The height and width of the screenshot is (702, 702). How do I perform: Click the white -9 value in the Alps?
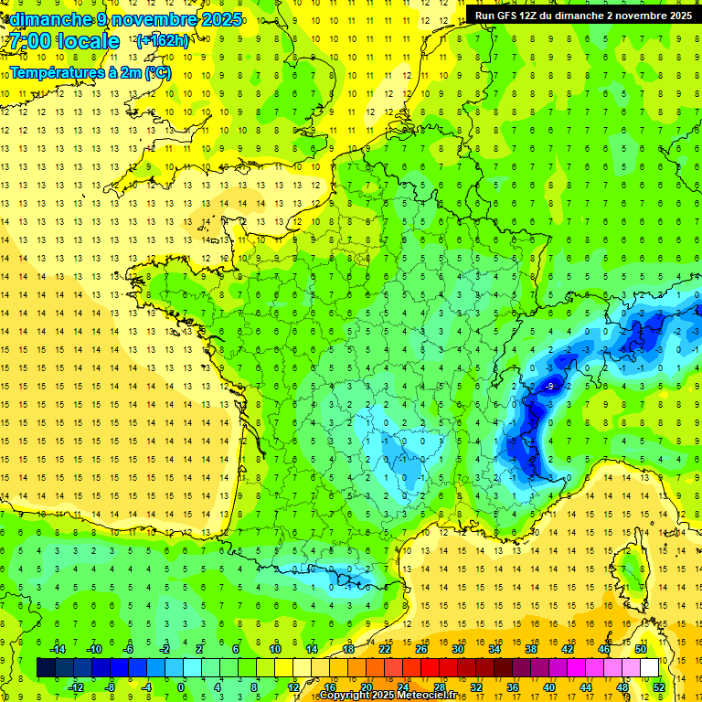(549, 387)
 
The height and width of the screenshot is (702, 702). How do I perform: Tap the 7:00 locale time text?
(62, 41)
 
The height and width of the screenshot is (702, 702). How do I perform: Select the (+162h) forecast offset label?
(162, 41)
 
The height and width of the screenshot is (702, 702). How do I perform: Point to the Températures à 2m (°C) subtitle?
(90, 72)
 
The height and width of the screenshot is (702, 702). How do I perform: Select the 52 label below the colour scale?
(659, 687)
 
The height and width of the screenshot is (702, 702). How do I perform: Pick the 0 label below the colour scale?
(181, 687)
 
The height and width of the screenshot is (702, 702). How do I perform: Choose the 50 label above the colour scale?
(641, 649)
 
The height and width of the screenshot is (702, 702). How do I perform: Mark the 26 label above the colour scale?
(421, 649)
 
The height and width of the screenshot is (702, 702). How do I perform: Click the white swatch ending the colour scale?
(649, 668)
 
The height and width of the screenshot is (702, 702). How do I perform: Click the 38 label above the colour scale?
(531, 649)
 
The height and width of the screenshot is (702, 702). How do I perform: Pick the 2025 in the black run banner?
(676, 16)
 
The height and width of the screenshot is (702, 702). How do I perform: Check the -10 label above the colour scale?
(93, 649)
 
